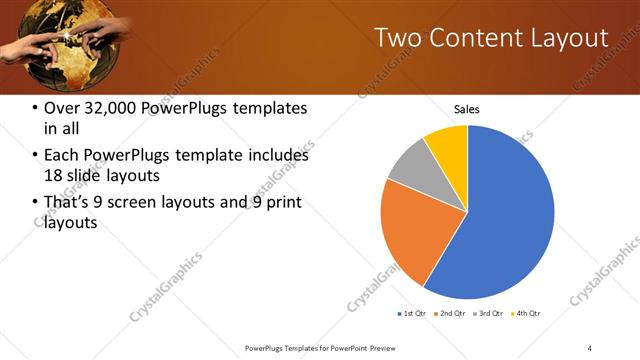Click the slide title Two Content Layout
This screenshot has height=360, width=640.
pyautogui.click(x=491, y=39)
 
